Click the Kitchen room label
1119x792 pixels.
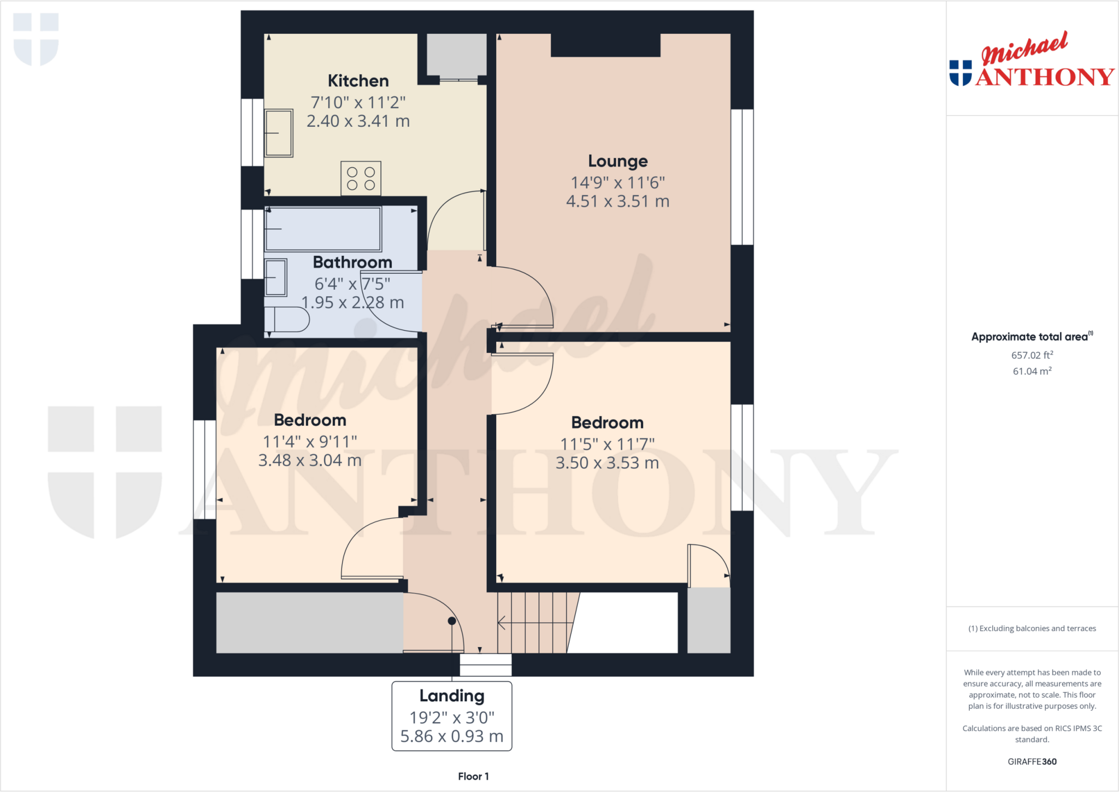coord(358,81)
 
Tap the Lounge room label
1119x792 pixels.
coord(617,161)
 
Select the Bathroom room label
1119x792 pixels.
coord(352,262)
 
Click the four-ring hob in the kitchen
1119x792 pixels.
coord(361,178)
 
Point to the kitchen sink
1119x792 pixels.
coord(279,133)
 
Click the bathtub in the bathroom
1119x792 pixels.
coord(323,228)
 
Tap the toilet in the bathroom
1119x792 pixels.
coord(287,320)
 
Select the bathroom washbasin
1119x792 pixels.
coord(276,277)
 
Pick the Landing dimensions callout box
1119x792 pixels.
coord(452,716)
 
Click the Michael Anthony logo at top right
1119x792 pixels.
coord(1032,60)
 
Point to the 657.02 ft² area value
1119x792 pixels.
coord(1032,355)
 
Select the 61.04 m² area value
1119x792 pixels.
coord(1032,371)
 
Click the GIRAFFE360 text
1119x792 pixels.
coord(1032,761)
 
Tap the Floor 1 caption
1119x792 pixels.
coord(473,776)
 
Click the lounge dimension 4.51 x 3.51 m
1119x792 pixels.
coord(617,202)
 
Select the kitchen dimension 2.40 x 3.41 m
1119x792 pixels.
coord(358,121)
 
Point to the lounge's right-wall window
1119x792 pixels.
coord(742,177)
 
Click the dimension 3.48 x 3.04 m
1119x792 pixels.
coord(310,461)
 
